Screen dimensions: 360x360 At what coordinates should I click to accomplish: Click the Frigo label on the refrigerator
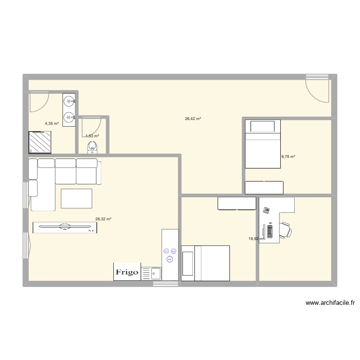pyautogui.click(x=127, y=272)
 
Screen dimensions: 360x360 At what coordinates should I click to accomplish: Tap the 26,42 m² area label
pyautogui.click(x=192, y=119)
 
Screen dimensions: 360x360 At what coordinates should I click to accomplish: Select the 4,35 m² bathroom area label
pyautogui.click(x=52, y=123)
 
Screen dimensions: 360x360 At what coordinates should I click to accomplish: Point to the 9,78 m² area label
pyautogui.click(x=288, y=156)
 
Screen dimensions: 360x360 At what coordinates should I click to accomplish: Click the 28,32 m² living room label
pyautogui.click(x=103, y=219)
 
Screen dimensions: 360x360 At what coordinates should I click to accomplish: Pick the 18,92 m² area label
pyautogui.click(x=256, y=238)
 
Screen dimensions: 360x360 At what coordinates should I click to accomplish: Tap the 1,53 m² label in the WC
pyautogui.click(x=92, y=136)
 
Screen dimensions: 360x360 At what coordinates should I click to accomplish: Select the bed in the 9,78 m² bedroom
pyautogui.click(x=263, y=144)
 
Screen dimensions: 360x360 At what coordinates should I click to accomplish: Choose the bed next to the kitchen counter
pyautogui.click(x=205, y=263)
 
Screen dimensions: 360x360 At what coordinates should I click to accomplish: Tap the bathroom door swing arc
pyautogui.click(x=39, y=101)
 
